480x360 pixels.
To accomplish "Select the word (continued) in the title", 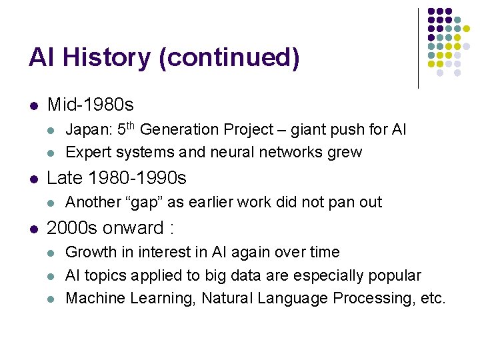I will click(229, 59).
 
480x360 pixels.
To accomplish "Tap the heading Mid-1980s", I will click(91, 105).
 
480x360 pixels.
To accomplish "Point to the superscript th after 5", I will click(130, 125).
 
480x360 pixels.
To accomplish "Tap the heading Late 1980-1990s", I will click(117, 179).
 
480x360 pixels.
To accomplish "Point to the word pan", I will click(344, 202).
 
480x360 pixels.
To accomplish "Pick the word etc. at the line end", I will click(433, 298).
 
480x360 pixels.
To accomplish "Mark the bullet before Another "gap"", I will click(52, 203).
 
